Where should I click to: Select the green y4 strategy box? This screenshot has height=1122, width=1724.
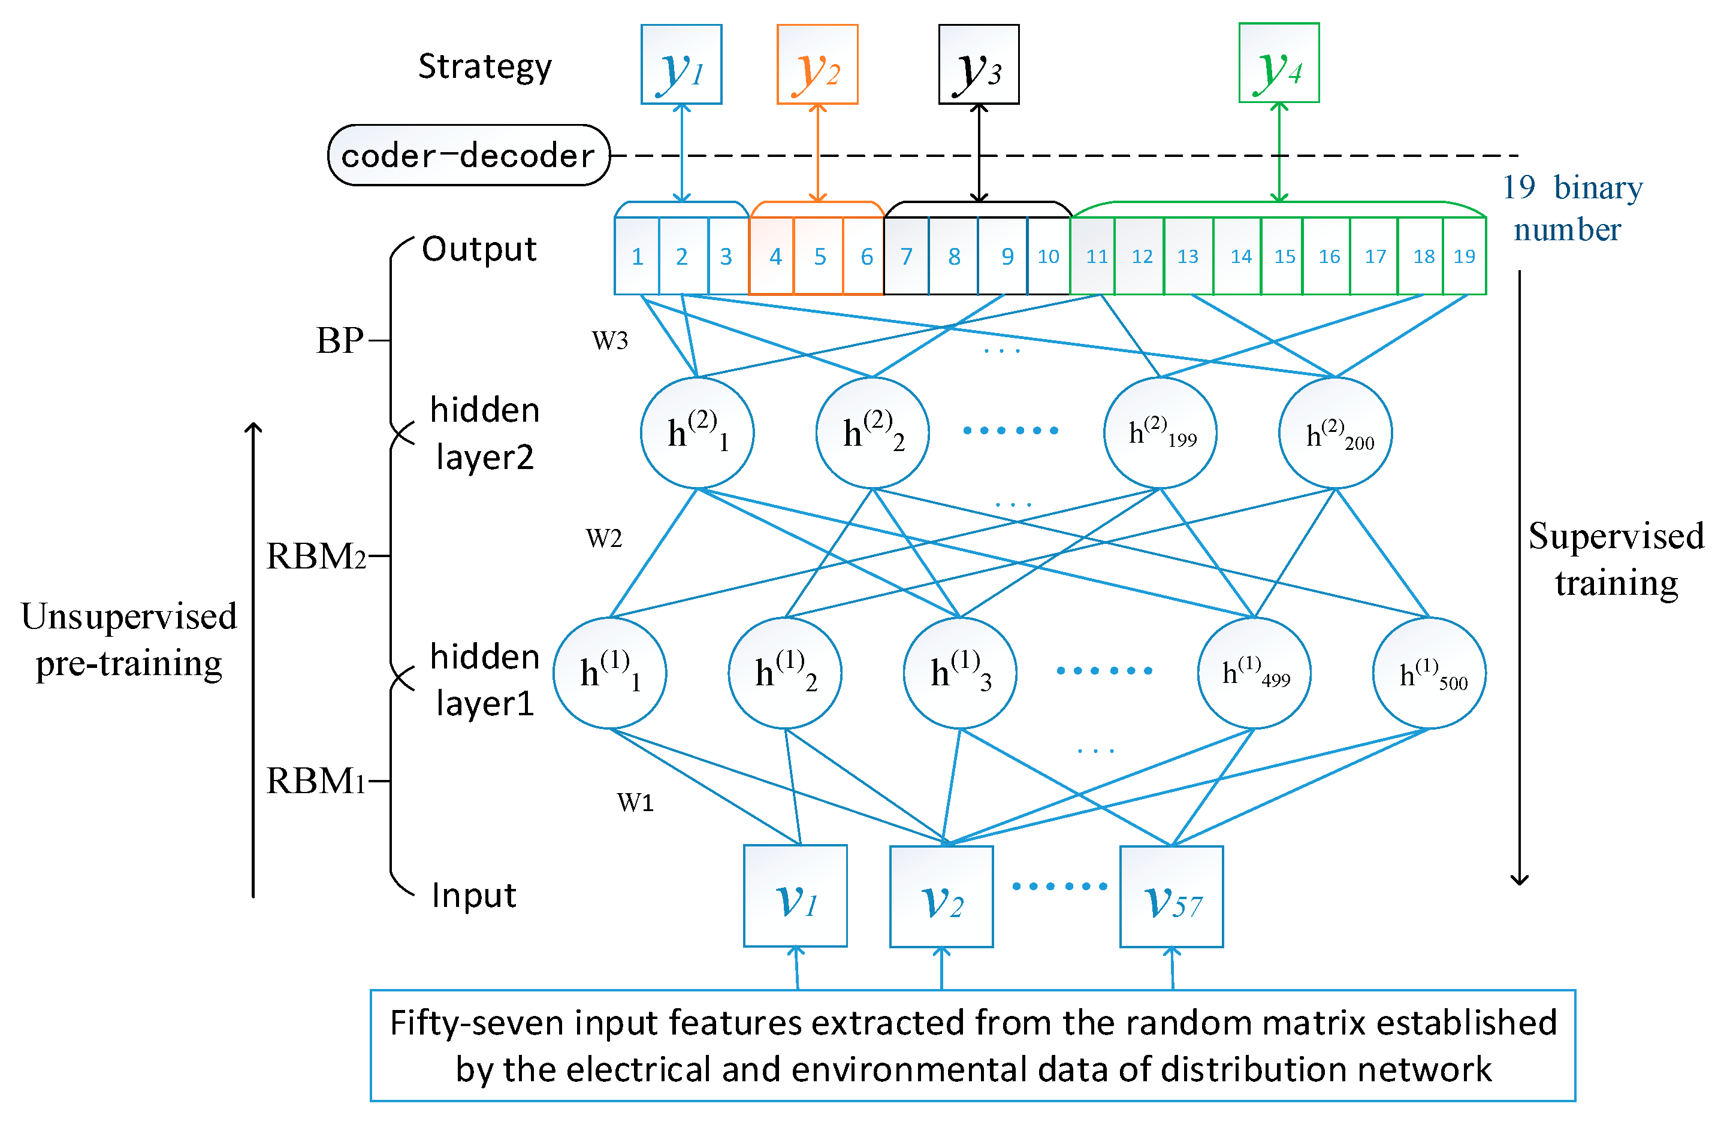click(x=1279, y=63)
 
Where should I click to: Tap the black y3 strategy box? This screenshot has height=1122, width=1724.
click(x=979, y=65)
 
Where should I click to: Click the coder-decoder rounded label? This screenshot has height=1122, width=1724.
click(x=468, y=155)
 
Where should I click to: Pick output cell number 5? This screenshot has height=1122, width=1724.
click(x=819, y=256)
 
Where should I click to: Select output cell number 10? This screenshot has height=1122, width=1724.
click(x=1047, y=256)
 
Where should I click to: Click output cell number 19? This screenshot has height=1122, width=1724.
click(x=1464, y=256)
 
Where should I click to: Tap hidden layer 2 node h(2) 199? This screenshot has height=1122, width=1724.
click(x=1160, y=433)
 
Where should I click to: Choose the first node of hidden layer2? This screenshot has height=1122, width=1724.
click(x=697, y=433)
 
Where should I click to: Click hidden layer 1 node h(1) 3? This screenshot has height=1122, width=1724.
click(x=960, y=673)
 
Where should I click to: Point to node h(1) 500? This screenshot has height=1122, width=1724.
click(x=1429, y=673)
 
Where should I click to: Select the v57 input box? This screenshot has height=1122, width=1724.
click(x=1172, y=897)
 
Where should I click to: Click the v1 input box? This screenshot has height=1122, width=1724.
click(x=795, y=896)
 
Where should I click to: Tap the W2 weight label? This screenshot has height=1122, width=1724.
click(x=603, y=538)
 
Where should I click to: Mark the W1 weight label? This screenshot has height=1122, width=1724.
click(x=635, y=803)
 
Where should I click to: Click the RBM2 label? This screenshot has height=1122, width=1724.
click(x=316, y=557)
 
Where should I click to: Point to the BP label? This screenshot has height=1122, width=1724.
click(x=339, y=340)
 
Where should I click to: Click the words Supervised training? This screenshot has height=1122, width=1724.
click(x=1616, y=559)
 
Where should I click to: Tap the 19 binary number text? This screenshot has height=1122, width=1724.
click(x=1572, y=208)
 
